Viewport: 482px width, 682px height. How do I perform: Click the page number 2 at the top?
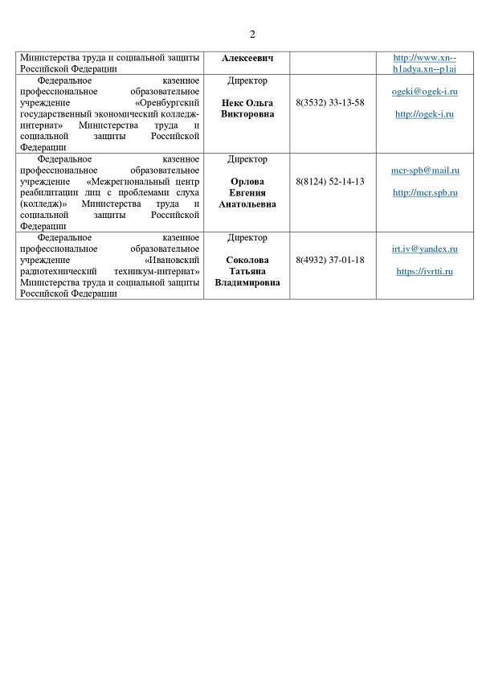pyautogui.click(x=252, y=34)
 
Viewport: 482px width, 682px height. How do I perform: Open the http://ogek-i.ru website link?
pyautogui.click(x=425, y=114)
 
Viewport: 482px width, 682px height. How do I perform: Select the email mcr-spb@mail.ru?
pyautogui.click(x=425, y=170)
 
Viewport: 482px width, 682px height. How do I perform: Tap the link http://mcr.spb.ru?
pyautogui.click(x=425, y=193)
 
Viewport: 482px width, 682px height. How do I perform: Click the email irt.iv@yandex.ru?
pyautogui.click(x=425, y=249)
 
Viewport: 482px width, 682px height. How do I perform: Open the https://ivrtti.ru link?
pyautogui.click(x=425, y=271)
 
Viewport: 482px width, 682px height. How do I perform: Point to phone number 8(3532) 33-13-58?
pyautogui.click(x=330, y=103)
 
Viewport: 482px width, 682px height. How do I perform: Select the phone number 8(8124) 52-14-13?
pyautogui.click(x=330, y=182)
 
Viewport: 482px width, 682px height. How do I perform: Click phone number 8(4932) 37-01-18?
pyautogui.click(x=330, y=260)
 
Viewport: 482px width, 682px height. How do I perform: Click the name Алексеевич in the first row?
pyautogui.click(x=247, y=58)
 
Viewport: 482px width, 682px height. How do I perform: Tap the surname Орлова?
pyautogui.click(x=247, y=182)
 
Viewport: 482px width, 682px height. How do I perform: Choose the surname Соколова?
pyautogui.click(x=247, y=260)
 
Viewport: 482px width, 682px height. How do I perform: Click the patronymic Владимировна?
pyautogui.click(x=247, y=283)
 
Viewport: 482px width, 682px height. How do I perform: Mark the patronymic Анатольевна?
pyautogui.click(x=247, y=204)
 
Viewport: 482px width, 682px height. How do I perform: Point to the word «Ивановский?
pyautogui.click(x=171, y=261)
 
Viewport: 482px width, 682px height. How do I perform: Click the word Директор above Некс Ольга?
pyautogui.click(x=247, y=81)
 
